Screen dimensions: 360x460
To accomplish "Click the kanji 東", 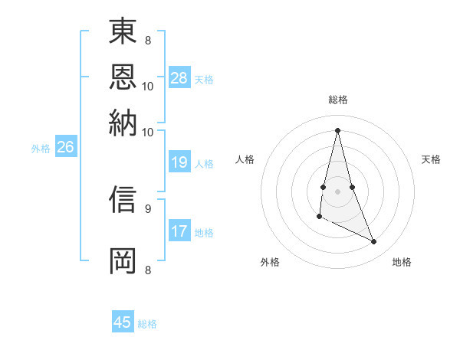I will point(123,32).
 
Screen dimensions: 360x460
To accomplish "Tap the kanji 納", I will point(123,122).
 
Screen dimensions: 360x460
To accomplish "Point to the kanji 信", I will point(123,199).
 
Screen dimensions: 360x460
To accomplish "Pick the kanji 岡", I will point(123,260).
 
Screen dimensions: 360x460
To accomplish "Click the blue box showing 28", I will point(179,78).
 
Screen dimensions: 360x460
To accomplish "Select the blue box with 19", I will point(179,162).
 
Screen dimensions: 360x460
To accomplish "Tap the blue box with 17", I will point(179,231).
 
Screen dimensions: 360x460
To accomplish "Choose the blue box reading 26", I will point(65,148).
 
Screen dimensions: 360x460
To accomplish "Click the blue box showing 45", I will point(123,322).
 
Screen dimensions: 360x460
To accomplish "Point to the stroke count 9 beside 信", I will point(147,208).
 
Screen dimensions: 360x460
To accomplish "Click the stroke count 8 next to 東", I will point(147,40).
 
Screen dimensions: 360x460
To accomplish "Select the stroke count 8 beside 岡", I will point(147,270).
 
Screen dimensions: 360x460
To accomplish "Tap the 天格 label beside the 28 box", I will point(204,80).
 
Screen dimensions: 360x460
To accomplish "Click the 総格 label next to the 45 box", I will point(147,324).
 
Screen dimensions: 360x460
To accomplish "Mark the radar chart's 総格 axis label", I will point(338,100).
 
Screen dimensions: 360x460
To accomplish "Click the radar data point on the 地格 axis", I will point(374,242).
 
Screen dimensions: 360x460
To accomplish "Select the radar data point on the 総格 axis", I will point(338,129).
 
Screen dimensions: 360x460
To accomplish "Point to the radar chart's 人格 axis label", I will point(245,159).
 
